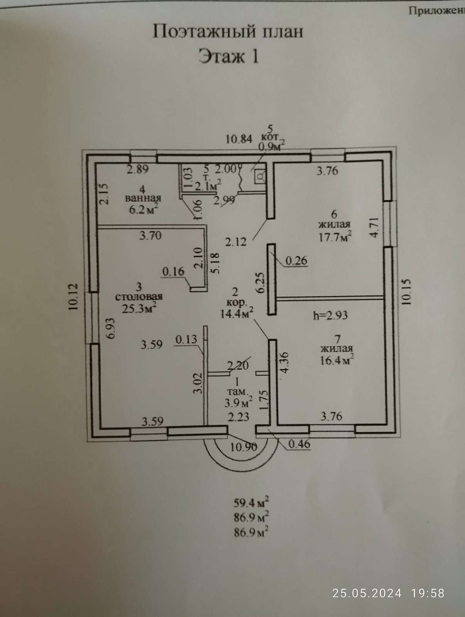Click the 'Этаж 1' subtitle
click(x=228, y=57)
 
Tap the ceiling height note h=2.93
click(x=330, y=315)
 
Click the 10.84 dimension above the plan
click(x=239, y=139)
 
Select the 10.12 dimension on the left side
click(x=74, y=297)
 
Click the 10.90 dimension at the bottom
click(x=243, y=448)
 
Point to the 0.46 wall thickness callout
click(x=299, y=444)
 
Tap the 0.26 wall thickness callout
click(x=296, y=261)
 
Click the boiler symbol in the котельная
click(x=260, y=176)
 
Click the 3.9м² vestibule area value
click(x=238, y=403)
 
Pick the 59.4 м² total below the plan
click(x=251, y=502)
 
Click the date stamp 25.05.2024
click(x=367, y=593)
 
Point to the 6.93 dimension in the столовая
click(x=111, y=328)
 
